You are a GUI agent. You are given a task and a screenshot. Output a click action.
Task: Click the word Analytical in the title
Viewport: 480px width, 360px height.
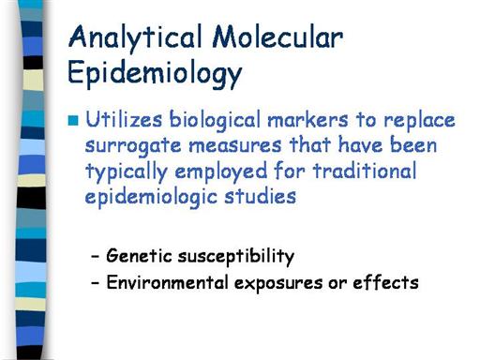click(x=135, y=37)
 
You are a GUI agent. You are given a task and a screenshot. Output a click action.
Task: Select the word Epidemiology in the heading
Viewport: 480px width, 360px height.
click(x=155, y=74)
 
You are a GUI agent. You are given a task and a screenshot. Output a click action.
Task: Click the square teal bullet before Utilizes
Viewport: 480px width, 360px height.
click(x=73, y=121)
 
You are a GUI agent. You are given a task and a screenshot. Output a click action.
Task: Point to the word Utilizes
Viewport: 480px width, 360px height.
click(x=124, y=119)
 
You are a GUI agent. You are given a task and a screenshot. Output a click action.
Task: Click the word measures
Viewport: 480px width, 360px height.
click(x=235, y=146)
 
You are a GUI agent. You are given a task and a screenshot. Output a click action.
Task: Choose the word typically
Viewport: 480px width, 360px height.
click(x=127, y=172)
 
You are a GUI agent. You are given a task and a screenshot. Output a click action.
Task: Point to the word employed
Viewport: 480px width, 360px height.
click(x=221, y=172)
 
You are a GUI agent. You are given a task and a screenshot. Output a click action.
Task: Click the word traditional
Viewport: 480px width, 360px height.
click(x=365, y=171)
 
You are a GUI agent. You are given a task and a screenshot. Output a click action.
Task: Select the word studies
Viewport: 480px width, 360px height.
click(x=260, y=196)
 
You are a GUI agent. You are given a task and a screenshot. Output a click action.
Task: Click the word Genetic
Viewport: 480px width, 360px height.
click(x=139, y=255)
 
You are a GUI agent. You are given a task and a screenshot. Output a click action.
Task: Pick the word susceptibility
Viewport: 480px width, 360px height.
click(x=236, y=257)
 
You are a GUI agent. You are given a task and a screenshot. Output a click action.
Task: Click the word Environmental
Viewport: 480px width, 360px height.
click(x=167, y=282)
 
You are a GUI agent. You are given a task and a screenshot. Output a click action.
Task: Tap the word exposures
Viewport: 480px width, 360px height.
click(x=278, y=284)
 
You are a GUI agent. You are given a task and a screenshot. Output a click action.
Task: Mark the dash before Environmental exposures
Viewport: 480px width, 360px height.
click(x=95, y=283)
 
